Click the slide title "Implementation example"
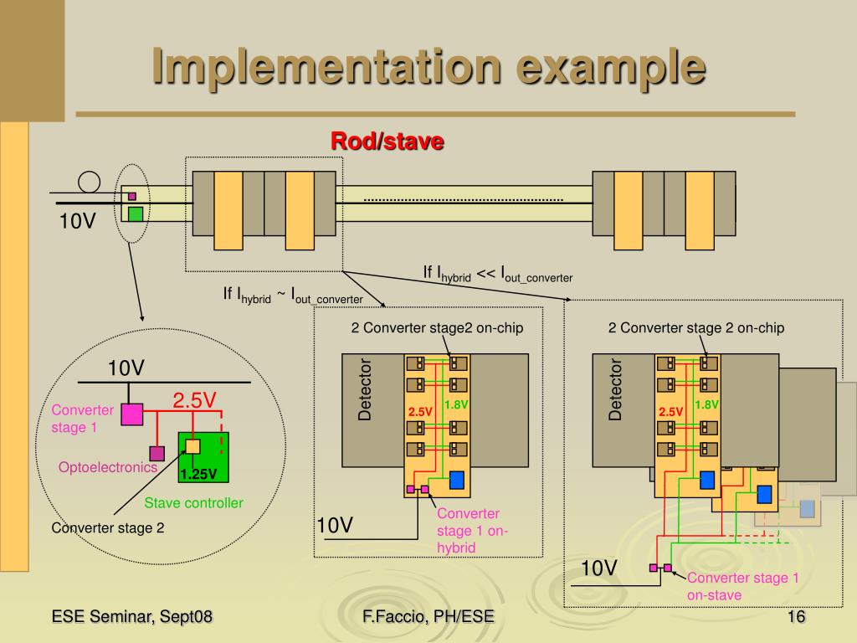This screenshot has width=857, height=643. (429, 68)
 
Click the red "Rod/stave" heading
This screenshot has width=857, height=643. (387, 141)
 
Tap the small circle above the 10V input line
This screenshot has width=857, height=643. (89, 182)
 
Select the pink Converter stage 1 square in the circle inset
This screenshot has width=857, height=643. (131, 414)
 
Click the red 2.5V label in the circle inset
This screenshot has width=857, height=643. (194, 400)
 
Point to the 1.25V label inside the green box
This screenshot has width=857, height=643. (198, 474)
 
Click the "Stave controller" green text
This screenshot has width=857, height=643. (193, 502)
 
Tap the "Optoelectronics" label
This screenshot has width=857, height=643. (108, 467)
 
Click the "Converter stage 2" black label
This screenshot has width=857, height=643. (108, 527)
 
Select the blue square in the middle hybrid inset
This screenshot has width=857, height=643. (456, 480)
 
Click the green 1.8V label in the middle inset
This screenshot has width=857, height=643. (456, 404)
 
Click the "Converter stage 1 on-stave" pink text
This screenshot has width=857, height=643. (743, 586)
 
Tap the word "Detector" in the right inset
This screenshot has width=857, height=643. (615, 389)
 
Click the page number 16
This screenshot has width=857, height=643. (796, 617)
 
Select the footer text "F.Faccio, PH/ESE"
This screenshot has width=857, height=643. (428, 617)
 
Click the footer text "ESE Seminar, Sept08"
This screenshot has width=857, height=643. (131, 617)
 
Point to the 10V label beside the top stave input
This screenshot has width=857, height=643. (77, 221)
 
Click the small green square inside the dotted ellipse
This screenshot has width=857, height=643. (136, 213)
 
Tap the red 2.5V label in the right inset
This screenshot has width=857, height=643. (670, 412)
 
